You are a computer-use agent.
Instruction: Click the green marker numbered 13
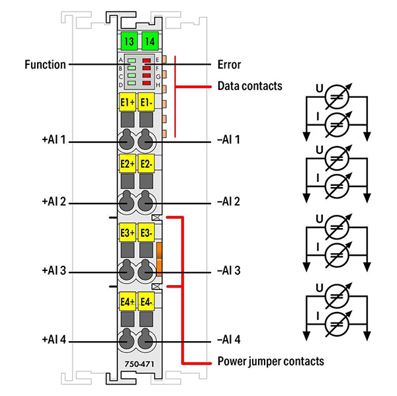point(128,40)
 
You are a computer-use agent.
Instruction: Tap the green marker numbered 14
point(148,40)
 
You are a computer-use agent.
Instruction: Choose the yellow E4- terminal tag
point(147,301)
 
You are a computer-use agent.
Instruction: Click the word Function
point(45,65)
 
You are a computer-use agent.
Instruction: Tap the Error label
point(229,65)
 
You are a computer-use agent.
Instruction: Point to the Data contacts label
point(249,86)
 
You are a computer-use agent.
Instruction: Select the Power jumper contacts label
point(271,362)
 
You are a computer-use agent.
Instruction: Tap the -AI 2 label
point(229,202)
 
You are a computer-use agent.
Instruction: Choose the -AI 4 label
point(229,340)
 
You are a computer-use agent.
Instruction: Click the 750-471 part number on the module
point(137,364)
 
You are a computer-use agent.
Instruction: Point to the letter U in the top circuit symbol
point(319,87)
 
